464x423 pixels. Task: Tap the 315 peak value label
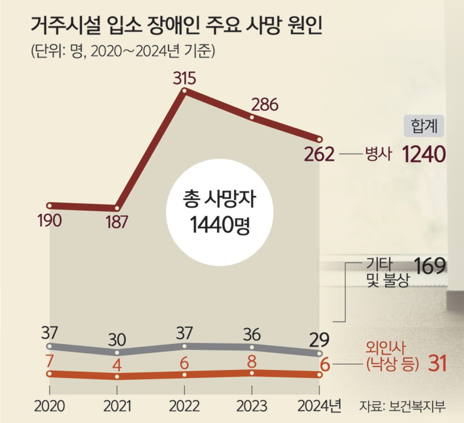[x=185, y=79]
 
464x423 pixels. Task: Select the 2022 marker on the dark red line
[x=185, y=92]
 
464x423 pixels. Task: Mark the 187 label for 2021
[x=116, y=221]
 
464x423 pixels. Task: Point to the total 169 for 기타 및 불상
[x=429, y=266]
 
